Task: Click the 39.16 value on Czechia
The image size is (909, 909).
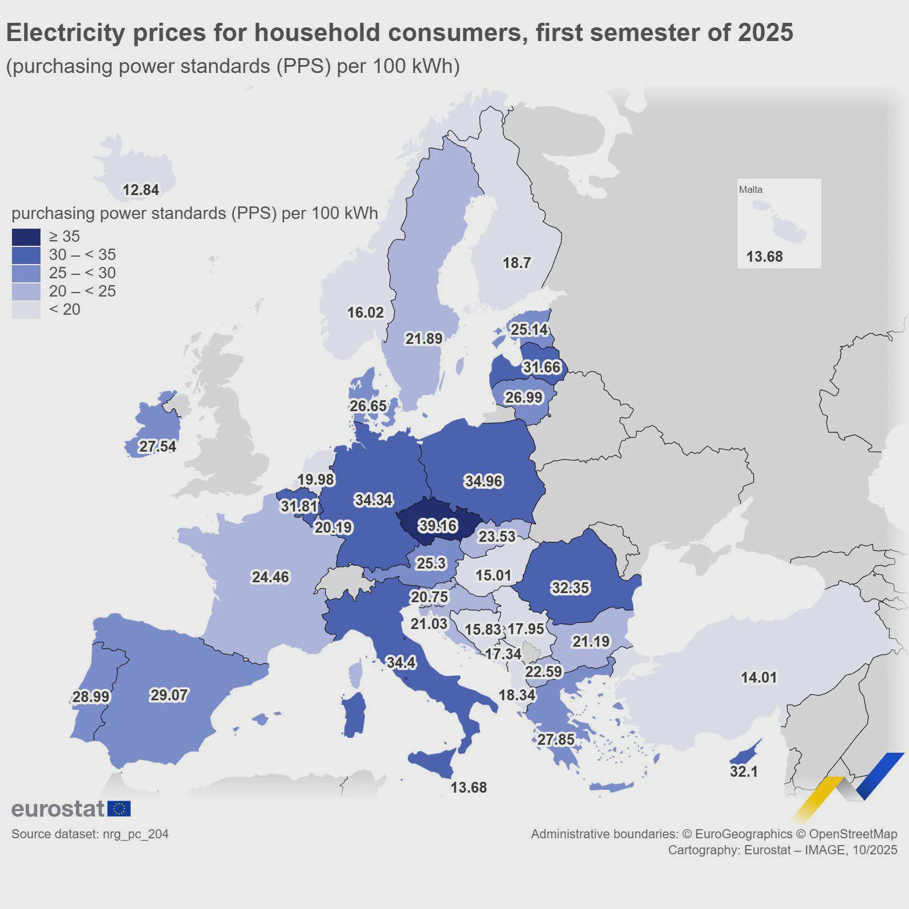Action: pyautogui.click(x=437, y=525)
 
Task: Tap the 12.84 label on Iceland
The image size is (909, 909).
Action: pyautogui.click(x=140, y=190)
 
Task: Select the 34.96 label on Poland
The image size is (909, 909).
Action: pyautogui.click(x=483, y=481)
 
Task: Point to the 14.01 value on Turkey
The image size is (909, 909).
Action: pyautogui.click(x=758, y=677)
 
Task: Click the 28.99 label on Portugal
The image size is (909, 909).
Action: pyautogui.click(x=91, y=697)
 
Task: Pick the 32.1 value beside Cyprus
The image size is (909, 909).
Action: pyautogui.click(x=744, y=772)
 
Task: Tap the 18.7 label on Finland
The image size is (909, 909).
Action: pyautogui.click(x=516, y=263)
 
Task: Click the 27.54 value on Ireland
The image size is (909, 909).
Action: pyautogui.click(x=157, y=447)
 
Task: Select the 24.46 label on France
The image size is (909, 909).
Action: pyautogui.click(x=270, y=577)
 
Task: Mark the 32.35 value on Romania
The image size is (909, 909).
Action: pyautogui.click(x=570, y=588)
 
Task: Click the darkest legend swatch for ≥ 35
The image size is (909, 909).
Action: pyautogui.click(x=26, y=237)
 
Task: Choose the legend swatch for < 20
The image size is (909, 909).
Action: pyautogui.click(x=26, y=310)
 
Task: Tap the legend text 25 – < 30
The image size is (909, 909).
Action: pyautogui.click(x=82, y=273)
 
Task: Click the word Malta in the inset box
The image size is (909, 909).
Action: pyautogui.click(x=750, y=190)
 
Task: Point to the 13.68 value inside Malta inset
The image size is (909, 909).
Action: pyautogui.click(x=764, y=257)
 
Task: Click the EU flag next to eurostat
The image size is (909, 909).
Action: pyautogui.click(x=119, y=809)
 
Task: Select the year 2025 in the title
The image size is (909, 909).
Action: pyautogui.click(x=765, y=33)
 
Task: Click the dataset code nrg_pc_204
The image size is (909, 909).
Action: pyautogui.click(x=136, y=834)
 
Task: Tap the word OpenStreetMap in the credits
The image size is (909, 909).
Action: pyautogui.click(x=853, y=834)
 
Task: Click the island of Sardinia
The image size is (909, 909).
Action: pyautogui.click(x=355, y=715)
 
